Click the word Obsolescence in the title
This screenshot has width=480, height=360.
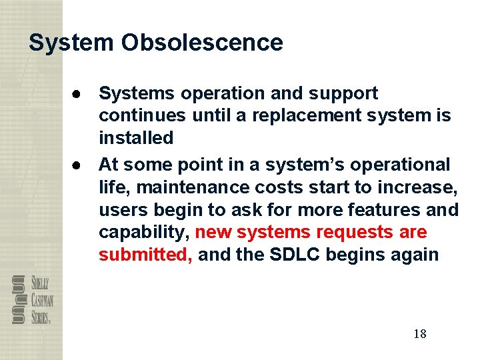tap(202, 43)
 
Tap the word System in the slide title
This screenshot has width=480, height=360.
tap(71, 43)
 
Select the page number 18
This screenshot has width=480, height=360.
tap(419, 333)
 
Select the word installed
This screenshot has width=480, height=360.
tap(136, 138)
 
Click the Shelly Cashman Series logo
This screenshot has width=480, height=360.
tap(32, 300)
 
